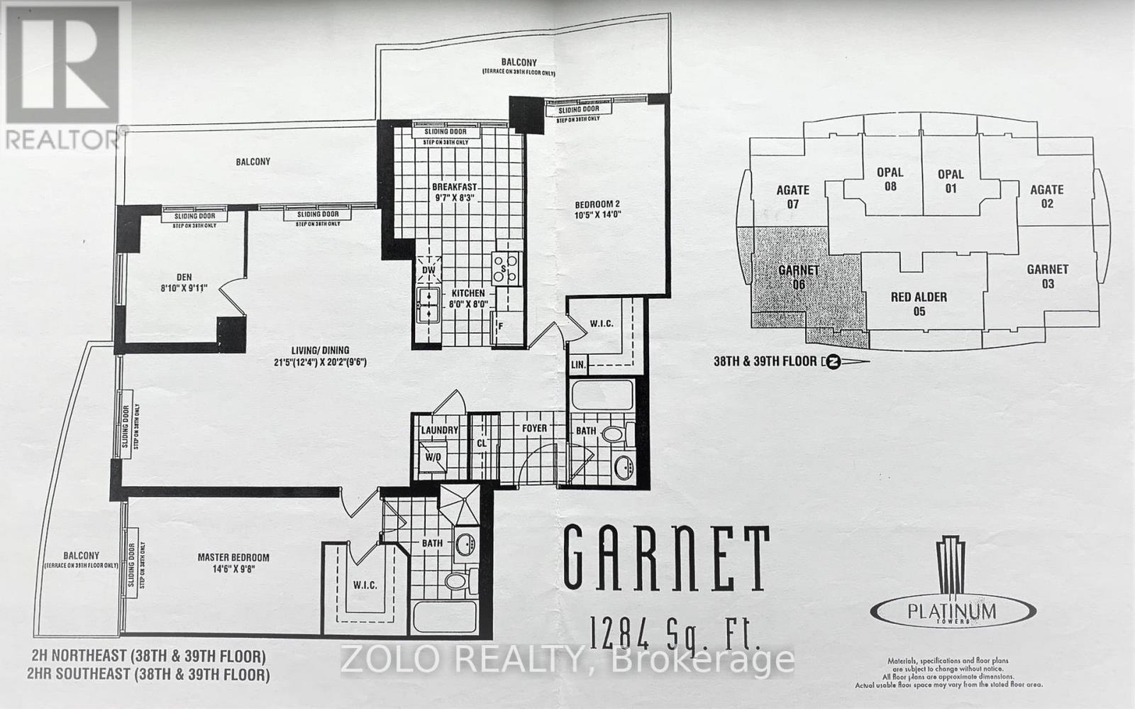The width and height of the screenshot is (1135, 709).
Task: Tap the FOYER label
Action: click(534, 428)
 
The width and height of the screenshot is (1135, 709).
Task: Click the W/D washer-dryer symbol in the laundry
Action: click(432, 458)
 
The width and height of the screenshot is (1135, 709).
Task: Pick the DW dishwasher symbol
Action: click(428, 270)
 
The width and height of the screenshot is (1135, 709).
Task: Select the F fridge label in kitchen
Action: click(501, 326)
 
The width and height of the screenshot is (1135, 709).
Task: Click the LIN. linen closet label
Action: click(578, 365)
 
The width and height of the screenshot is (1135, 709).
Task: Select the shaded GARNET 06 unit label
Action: click(799, 277)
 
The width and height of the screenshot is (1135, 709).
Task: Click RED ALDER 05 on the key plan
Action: click(919, 304)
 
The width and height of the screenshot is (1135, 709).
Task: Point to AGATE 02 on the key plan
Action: click(1046, 196)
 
